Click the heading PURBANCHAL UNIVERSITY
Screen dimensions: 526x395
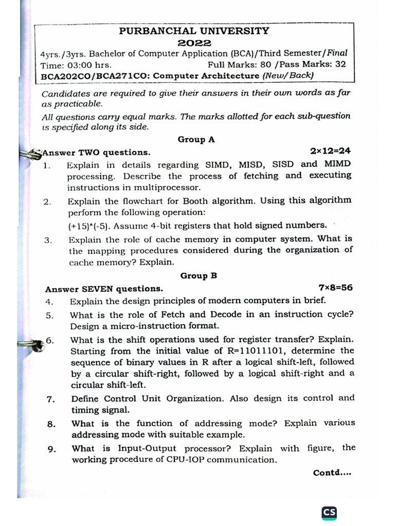194,31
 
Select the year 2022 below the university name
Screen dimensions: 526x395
194,42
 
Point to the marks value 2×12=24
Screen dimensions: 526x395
330,151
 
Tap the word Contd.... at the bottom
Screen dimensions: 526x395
332,473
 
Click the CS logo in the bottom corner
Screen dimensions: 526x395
329,513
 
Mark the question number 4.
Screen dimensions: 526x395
49,302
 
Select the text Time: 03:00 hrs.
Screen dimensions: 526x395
76,65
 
